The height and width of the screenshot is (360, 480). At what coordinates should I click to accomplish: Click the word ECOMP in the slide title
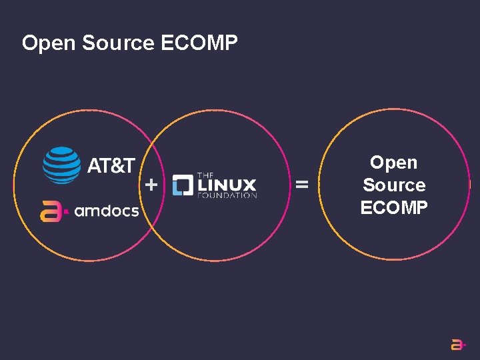tap(199, 43)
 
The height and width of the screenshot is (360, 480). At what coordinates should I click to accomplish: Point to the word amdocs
tap(107, 211)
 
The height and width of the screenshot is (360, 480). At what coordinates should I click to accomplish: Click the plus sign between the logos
tap(152, 185)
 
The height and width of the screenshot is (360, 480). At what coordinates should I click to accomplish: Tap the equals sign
tap(302, 184)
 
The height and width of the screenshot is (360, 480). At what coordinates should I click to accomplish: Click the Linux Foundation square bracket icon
tap(182, 185)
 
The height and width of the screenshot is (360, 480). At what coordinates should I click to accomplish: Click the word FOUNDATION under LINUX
tap(227, 196)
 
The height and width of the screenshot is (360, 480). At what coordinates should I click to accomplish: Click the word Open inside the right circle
tap(393, 163)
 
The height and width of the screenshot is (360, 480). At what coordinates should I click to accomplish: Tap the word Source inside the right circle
tap(393, 185)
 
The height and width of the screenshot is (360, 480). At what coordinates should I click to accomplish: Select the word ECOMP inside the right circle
tap(393, 208)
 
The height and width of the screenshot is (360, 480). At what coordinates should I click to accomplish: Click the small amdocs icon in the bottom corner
tap(458, 344)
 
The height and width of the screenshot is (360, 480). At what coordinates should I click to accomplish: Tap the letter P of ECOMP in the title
tap(231, 43)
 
